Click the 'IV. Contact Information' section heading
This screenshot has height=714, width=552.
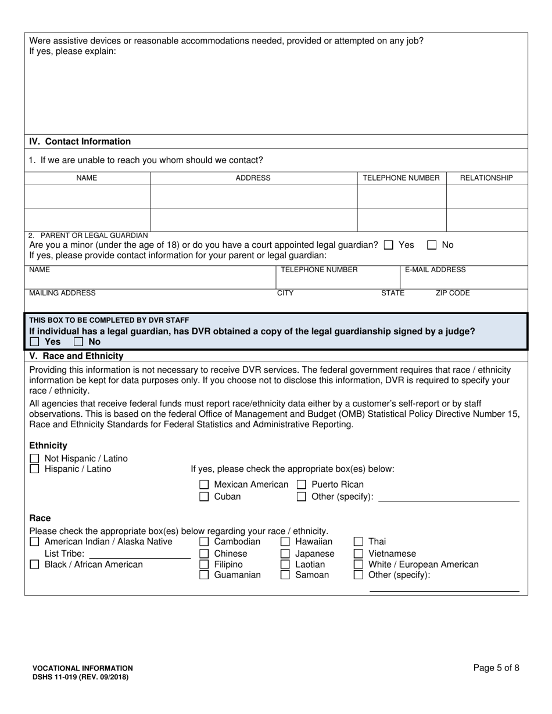(x=80, y=142)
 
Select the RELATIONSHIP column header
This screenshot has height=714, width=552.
(x=486, y=178)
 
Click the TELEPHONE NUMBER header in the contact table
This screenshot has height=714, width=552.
(x=401, y=178)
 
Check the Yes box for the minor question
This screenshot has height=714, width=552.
(x=389, y=246)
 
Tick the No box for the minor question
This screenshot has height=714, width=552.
(x=432, y=246)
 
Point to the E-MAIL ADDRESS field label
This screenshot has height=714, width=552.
(x=435, y=270)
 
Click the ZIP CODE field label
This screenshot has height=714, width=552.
(x=452, y=293)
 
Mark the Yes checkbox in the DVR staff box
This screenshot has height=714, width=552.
(x=34, y=342)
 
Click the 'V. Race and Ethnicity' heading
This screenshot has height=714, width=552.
(x=76, y=356)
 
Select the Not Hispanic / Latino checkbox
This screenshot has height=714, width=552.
(x=34, y=459)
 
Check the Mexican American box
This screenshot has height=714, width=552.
(x=204, y=485)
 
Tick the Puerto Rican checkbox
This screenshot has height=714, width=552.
(x=302, y=485)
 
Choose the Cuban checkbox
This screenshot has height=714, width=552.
(x=204, y=497)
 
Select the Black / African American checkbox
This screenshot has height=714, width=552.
(x=34, y=564)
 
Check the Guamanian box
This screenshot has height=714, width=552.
(x=204, y=575)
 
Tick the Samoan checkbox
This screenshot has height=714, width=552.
(x=285, y=575)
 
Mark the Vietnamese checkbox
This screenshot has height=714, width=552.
(x=359, y=553)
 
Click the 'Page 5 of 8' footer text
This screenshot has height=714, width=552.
(x=496, y=668)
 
